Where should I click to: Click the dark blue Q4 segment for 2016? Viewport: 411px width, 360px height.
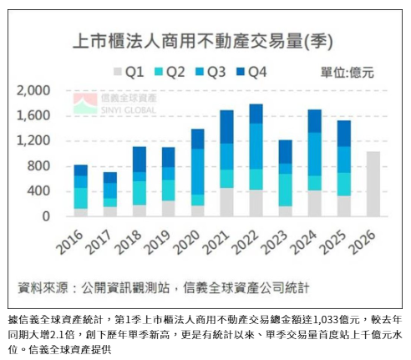point(80,170)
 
